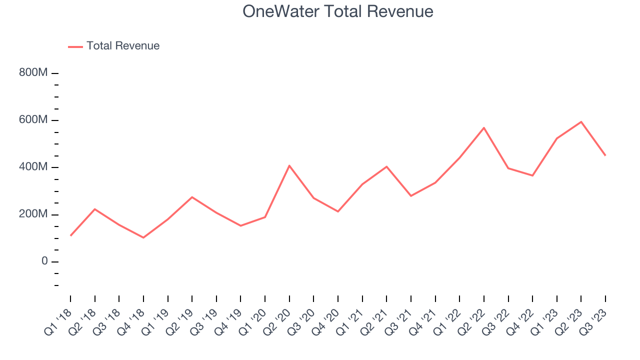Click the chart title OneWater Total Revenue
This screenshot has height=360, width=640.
338,11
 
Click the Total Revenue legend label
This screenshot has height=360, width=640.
123,46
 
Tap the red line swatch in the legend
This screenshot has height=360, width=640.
75,46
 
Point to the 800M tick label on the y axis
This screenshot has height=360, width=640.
33,73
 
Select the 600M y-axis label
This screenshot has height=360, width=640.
33,120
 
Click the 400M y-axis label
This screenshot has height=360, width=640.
33,167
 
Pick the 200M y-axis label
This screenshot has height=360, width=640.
33,214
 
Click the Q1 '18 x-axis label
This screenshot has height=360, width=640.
59,322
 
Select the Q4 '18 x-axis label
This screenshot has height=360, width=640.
132,322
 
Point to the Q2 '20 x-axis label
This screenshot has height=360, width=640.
278,322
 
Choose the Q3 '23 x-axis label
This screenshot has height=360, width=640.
594,322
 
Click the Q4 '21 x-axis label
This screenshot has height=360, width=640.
424,322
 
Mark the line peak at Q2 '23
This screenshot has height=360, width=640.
581,121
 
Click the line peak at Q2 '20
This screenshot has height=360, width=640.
289,165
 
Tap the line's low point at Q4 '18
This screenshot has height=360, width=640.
143,237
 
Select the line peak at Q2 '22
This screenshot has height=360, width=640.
484,127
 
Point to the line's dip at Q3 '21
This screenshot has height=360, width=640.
411,195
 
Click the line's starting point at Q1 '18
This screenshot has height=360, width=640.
70,235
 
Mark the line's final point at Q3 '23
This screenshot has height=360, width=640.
605,155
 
